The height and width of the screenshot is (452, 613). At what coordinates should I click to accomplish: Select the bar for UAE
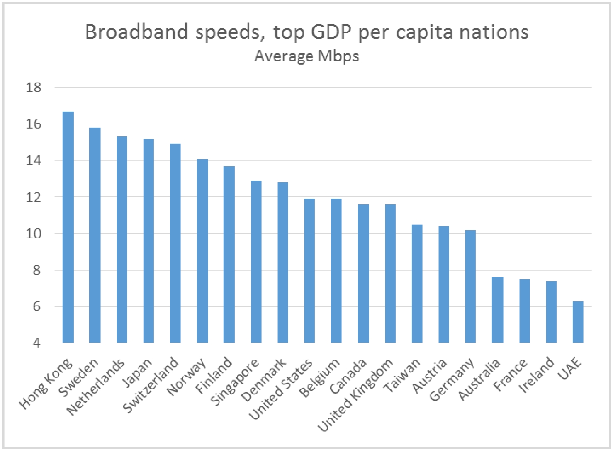578,322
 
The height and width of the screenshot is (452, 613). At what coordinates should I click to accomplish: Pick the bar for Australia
497,310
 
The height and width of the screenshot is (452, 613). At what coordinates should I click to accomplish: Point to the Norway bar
202,251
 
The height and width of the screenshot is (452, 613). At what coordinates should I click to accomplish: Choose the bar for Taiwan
417,284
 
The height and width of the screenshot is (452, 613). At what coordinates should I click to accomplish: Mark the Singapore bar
256,262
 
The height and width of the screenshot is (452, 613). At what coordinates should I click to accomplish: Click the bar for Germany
470,287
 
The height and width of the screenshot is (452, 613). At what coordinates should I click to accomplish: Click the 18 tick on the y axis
34,87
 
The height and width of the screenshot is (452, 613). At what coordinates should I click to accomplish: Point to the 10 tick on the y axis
34,234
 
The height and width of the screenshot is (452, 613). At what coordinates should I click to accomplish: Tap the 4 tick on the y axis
36,343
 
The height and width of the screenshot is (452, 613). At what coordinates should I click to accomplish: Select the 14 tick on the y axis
34,160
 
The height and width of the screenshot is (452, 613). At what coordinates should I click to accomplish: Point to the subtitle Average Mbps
306,56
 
